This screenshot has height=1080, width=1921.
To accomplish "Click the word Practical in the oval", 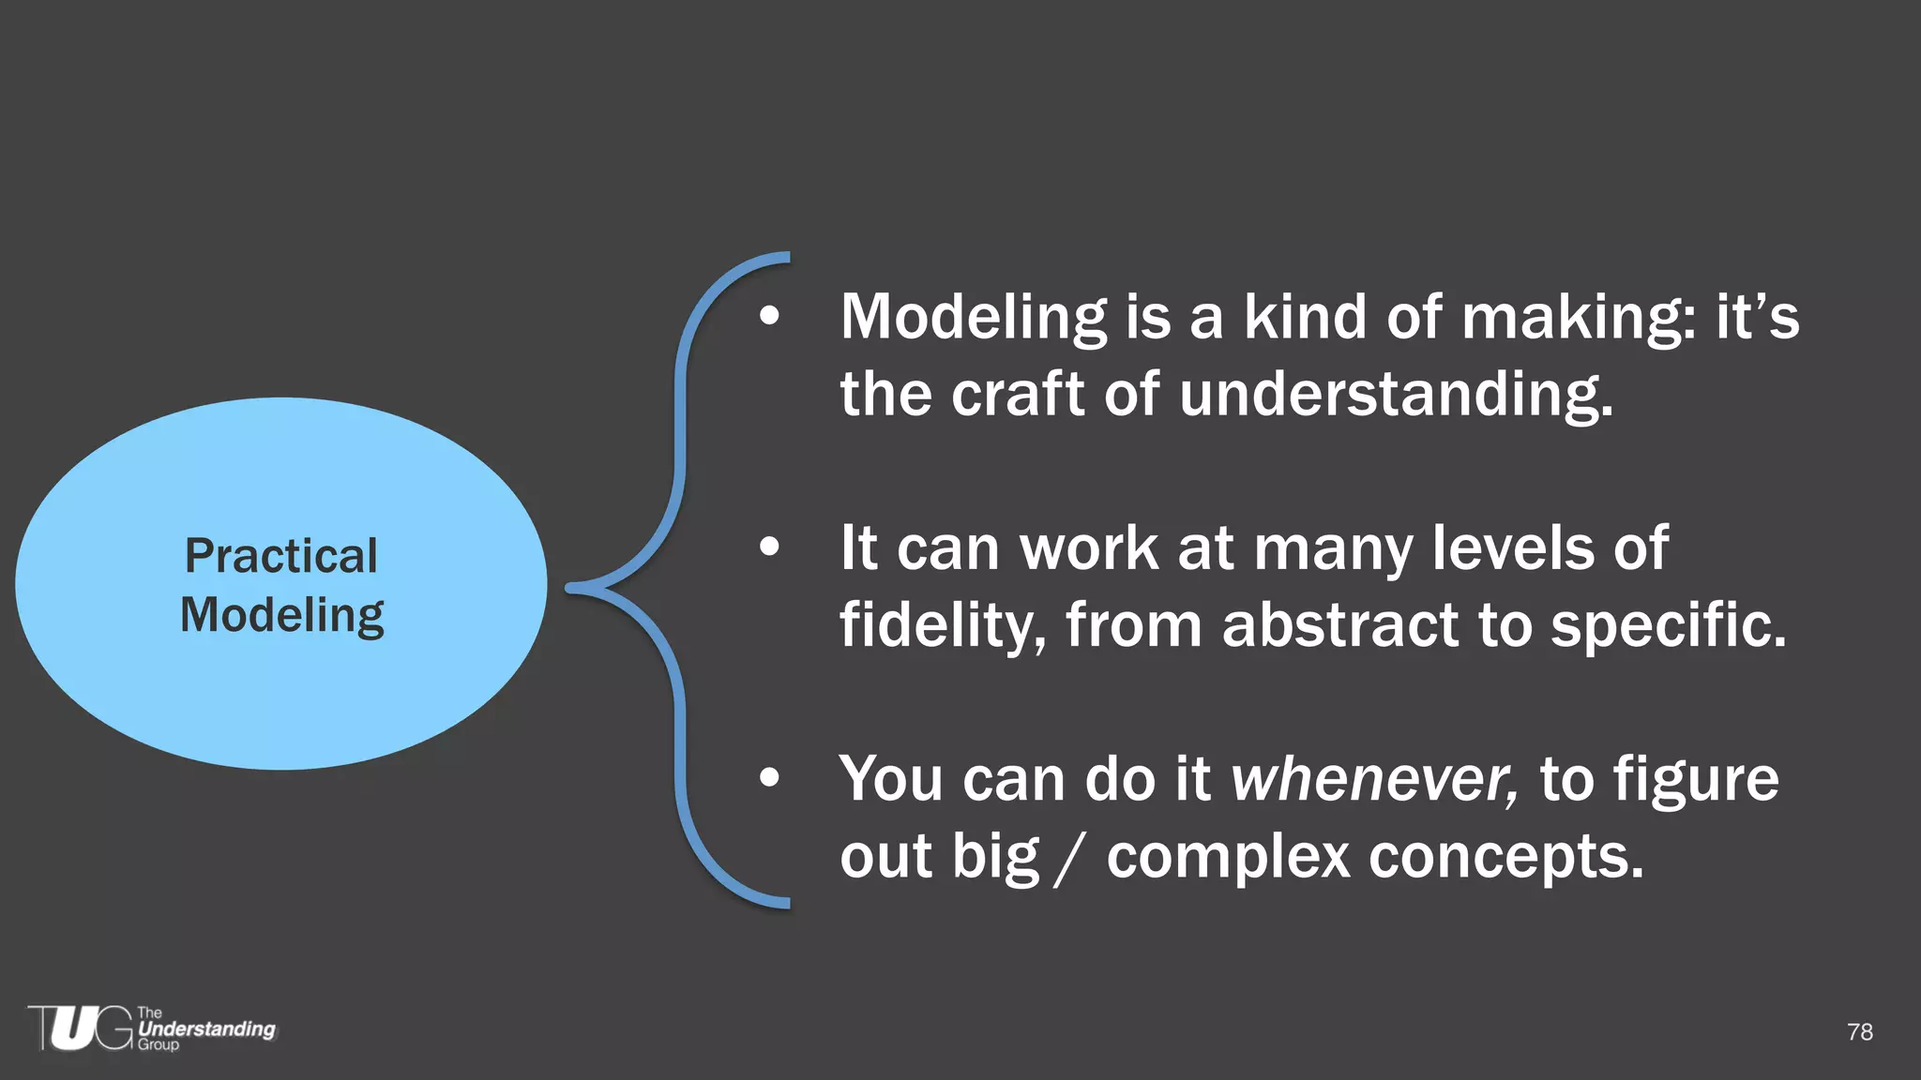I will [281, 556].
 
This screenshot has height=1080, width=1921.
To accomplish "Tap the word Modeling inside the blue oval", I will [281, 616].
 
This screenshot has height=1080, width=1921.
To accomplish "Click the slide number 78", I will [1859, 1032].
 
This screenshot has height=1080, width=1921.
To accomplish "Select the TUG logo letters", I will [81, 1028].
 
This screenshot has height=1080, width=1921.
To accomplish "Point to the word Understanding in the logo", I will [206, 1028].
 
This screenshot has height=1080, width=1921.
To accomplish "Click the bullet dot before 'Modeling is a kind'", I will [769, 317].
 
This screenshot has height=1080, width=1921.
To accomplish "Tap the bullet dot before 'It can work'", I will [769, 547].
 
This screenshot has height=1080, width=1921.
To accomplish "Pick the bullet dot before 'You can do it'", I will [769, 778].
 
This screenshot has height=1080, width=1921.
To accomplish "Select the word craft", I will [1018, 394].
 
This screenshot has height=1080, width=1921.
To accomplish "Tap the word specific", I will [1668, 625].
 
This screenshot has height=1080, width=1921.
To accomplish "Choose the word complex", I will [1228, 857].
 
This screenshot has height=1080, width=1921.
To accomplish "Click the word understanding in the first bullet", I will [1395, 394].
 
